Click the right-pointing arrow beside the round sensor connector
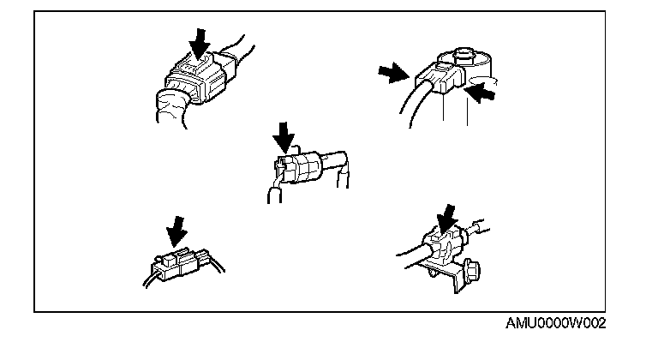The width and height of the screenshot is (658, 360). pos(393,73)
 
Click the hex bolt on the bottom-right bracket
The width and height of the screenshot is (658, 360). pos(470,273)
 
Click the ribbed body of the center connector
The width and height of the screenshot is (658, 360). pos(302,167)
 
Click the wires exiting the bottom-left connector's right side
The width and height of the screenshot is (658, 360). pos(216,264)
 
